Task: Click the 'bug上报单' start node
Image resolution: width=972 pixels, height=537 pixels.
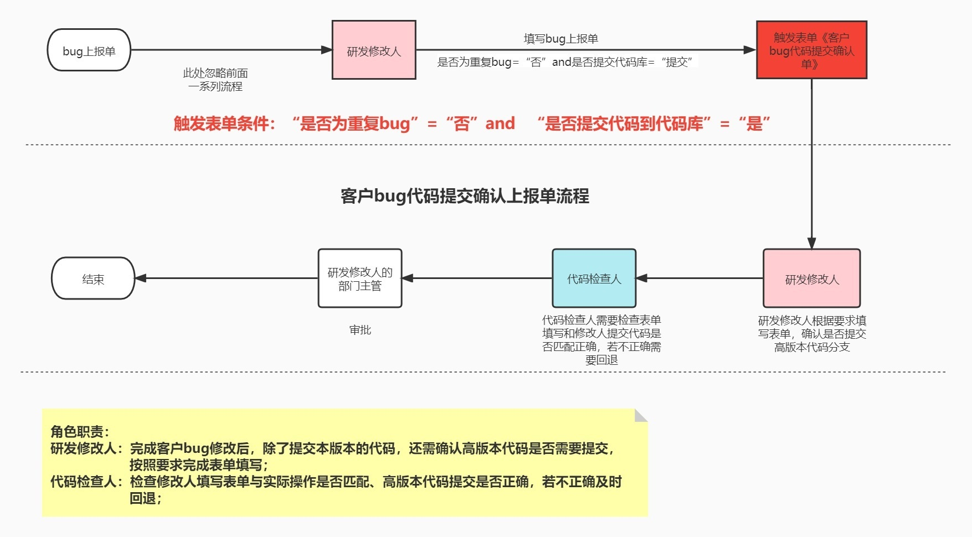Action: click(x=89, y=50)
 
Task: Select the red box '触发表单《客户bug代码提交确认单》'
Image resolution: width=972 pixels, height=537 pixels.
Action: click(x=811, y=50)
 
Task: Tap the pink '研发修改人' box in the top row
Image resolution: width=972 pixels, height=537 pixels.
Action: click(x=374, y=50)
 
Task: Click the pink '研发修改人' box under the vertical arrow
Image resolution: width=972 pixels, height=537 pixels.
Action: click(x=811, y=278)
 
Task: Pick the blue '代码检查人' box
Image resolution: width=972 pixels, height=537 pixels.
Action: click(x=594, y=278)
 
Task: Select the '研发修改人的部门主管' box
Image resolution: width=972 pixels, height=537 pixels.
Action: click(x=360, y=278)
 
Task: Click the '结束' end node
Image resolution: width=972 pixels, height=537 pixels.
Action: click(x=93, y=278)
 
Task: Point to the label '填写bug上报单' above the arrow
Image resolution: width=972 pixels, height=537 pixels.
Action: click(x=560, y=39)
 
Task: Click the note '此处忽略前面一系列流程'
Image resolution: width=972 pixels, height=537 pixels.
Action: click(x=215, y=80)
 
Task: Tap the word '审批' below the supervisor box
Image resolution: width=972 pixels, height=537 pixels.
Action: click(x=360, y=330)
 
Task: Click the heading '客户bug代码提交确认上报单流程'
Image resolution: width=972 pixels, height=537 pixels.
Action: click(x=465, y=196)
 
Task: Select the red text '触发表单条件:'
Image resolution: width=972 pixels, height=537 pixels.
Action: click(x=224, y=123)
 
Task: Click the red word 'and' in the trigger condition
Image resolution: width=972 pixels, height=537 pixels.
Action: click(x=500, y=123)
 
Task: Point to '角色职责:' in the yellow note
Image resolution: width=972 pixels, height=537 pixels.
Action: click(x=80, y=432)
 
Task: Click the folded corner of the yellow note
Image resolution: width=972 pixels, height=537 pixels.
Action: click(x=641, y=415)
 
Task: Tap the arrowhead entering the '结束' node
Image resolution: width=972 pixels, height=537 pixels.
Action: click(x=141, y=278)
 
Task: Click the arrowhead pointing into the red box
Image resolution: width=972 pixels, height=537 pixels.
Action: click(x=750, y=50)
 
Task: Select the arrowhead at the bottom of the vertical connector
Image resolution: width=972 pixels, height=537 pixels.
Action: click(x=811, y=243)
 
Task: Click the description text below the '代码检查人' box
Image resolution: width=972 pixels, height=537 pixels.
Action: click(x=601, y=340)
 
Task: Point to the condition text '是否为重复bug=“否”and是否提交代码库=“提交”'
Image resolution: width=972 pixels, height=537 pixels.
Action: click(x=565, y=62)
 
